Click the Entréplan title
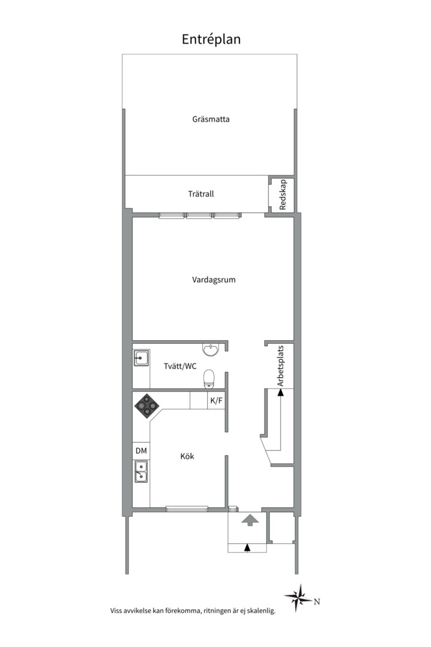(211, 39)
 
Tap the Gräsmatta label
(211, 119)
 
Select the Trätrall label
(201, 194)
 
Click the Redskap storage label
(283, 195)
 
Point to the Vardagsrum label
(214, 280)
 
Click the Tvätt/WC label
(180, 366)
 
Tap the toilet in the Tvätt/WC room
(209, 379)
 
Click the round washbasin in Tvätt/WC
(211, 350)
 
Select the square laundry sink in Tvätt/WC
(141, 358)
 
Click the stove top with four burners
(147, 406)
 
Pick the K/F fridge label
(216, 401)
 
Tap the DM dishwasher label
(141, 451)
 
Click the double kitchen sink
(141, 471)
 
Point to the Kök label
(187, 456)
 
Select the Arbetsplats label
(281, 366)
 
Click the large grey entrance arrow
(250, 520)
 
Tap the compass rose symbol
(298, 597)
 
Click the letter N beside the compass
(317, 601)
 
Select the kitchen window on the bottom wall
(187, 509)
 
